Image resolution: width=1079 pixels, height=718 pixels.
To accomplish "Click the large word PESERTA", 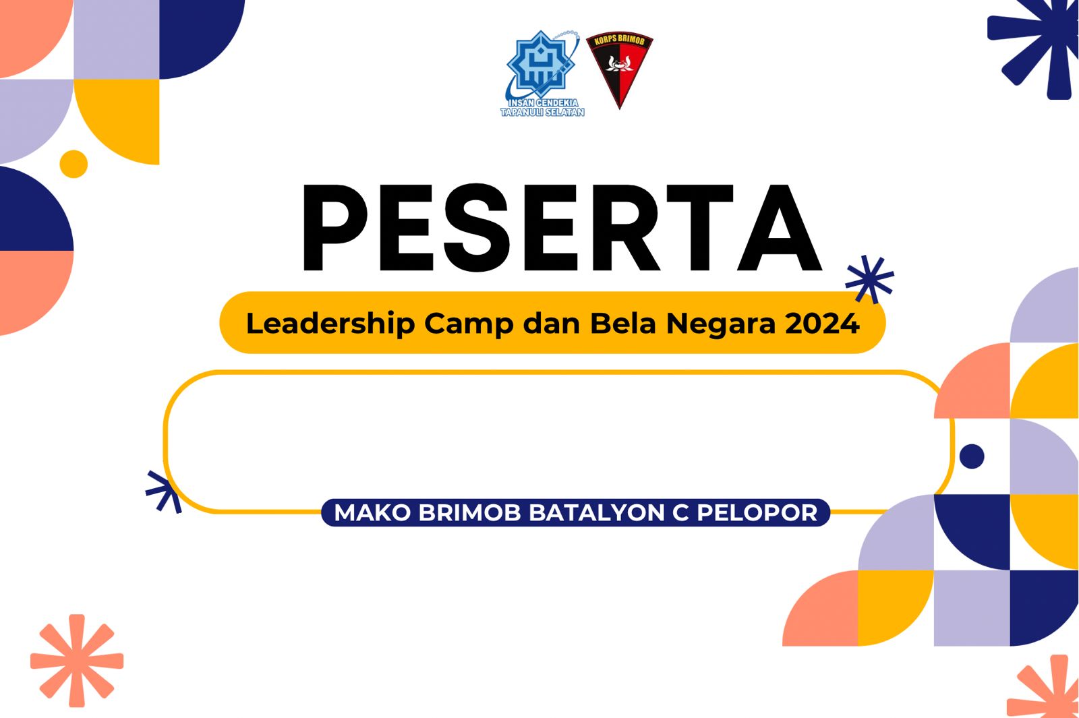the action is coord(562,229).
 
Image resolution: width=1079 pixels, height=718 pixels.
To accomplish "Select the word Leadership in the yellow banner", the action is coord(330,324).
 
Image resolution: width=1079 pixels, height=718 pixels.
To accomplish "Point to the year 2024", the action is coord(822,323).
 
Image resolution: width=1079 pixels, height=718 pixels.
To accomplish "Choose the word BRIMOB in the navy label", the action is coord(469,513).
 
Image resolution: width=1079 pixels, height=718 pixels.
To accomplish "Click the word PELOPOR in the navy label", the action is coord(757,513).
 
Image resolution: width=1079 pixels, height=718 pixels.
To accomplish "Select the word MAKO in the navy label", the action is coord(372,513).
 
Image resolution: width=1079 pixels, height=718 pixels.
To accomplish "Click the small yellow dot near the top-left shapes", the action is coord(74,164).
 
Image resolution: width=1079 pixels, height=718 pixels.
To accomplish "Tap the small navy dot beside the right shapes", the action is coord(972,456).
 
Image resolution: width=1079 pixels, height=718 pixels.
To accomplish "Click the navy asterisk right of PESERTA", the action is coord(870,280).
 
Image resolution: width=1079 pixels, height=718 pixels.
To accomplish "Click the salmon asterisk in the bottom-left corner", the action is coord(77,661).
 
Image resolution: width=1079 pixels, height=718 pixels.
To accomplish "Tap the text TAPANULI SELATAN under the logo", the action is coord(542,112).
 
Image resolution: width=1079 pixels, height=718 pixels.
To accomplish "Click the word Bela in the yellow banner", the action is coord(623,323).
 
